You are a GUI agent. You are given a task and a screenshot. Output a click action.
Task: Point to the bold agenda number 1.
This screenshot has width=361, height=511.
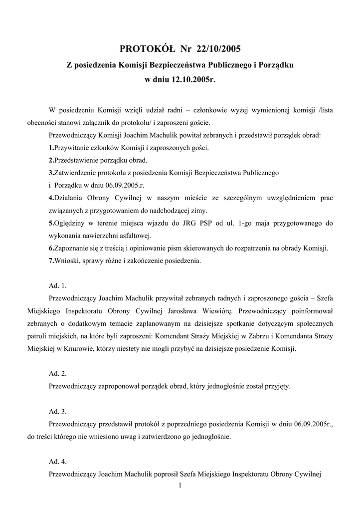coord(51,148)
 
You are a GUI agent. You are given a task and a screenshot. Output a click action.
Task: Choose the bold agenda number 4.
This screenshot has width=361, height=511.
coord(51,198)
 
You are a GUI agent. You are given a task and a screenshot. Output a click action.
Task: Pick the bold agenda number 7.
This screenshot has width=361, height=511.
coord(51,260)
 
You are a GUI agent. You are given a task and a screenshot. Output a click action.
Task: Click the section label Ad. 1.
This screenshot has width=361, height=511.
coord(57,286)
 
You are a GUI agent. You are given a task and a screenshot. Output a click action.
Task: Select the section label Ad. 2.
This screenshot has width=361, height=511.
coord(57,373)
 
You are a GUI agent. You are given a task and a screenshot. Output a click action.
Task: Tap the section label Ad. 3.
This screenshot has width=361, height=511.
coord(57,412)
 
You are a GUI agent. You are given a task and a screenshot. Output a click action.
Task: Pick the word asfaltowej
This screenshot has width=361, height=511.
coord(134,236)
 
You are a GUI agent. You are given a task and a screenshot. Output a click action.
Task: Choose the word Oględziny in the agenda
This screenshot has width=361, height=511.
coord(70,223)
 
